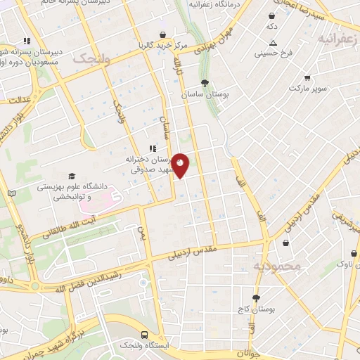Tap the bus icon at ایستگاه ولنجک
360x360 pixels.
144,335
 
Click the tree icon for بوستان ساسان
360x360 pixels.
205,83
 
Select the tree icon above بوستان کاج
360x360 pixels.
256,298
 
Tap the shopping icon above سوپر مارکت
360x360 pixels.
307,77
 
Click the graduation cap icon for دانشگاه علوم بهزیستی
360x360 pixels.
72,176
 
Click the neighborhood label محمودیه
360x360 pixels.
277,266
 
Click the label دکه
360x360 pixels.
271,26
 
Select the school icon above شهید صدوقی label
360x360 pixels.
151,148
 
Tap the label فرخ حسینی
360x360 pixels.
274,53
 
